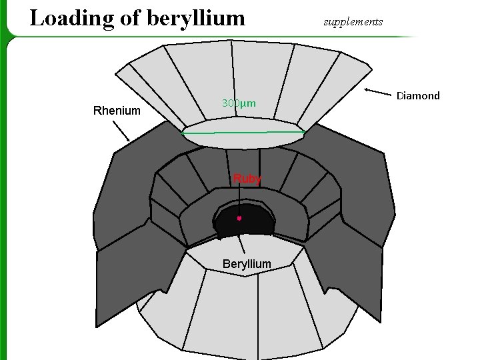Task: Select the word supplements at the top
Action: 353,22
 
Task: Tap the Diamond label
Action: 418,96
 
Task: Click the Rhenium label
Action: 117,111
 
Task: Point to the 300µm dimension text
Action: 239,104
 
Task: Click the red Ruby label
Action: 247,179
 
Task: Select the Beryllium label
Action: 247,264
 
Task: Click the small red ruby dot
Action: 239,218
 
